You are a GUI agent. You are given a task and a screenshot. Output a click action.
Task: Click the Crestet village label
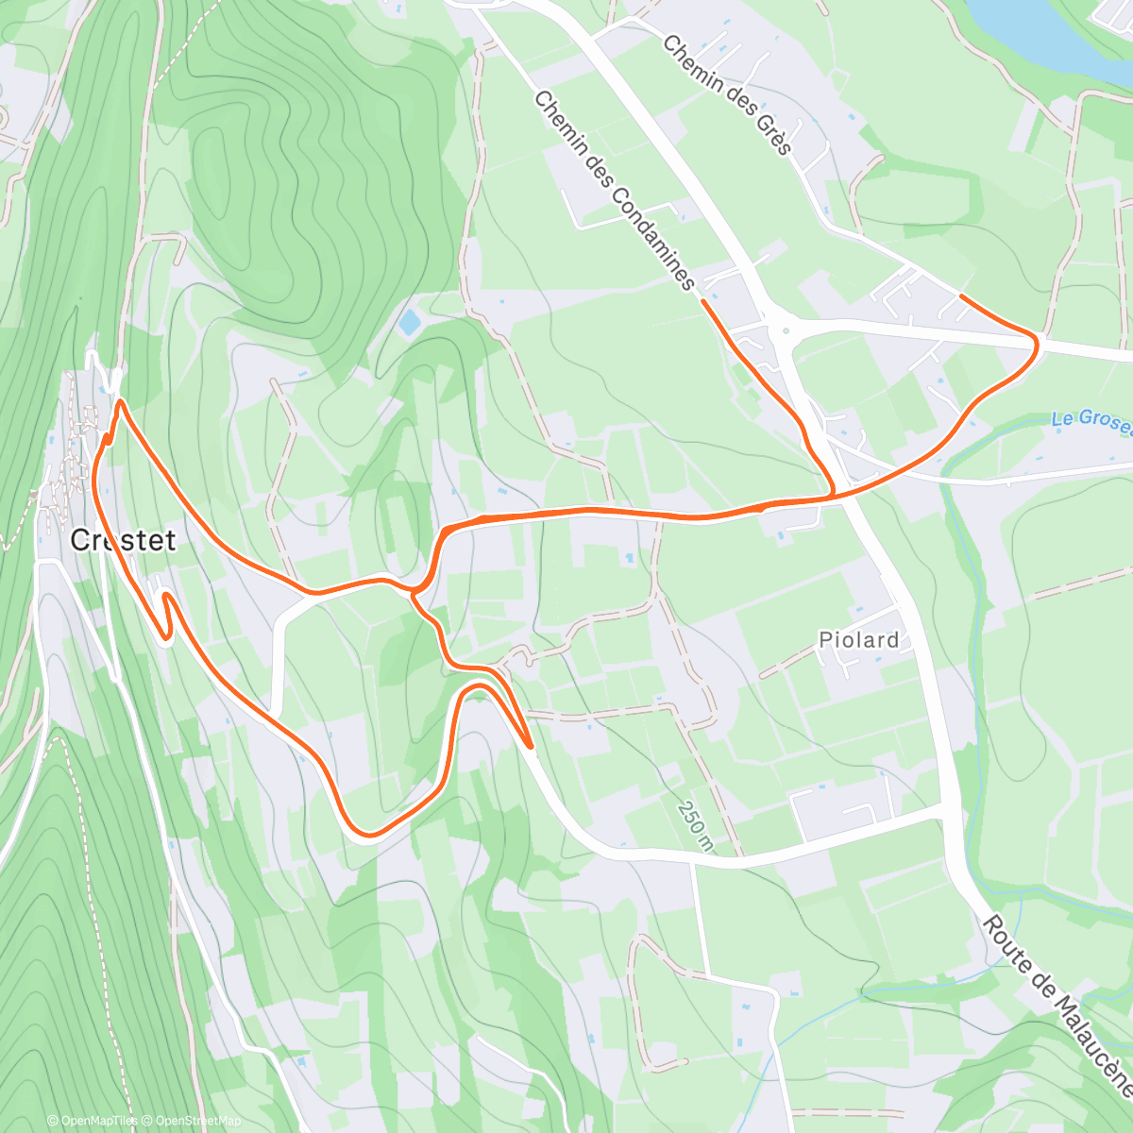click(123, 540)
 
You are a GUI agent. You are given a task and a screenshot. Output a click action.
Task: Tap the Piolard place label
click(858, 639)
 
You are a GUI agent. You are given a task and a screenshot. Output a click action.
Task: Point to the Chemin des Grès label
click(726, 94)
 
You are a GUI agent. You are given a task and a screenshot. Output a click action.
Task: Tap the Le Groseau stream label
click(1093, 421)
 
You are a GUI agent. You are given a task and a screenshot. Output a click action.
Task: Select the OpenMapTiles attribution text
click(92, 1121)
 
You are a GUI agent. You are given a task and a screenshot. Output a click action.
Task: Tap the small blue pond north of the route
click(409, 323)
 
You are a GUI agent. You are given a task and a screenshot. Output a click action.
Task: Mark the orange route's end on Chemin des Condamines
click(703, 300)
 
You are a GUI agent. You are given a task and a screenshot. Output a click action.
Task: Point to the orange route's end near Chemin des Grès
click(961, 296)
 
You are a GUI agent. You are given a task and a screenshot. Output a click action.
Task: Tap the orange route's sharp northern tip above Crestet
click(121, 402)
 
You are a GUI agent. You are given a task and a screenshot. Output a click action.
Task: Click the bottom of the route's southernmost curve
click(367, 835)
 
